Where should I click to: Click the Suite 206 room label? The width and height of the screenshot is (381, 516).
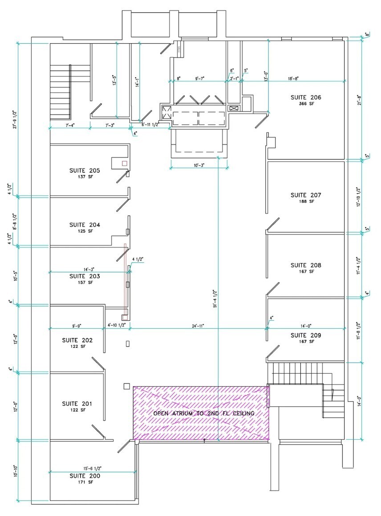[306, 97]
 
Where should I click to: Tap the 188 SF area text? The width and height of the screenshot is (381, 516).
[306, 202]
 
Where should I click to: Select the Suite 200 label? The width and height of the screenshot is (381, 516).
[85, 476]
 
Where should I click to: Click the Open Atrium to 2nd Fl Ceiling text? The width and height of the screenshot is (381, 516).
[203, 413]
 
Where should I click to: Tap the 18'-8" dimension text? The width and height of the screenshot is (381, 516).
[292, 78]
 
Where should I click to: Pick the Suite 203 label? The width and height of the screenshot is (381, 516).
[85, 276]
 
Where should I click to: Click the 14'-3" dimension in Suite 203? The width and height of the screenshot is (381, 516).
[88, 269]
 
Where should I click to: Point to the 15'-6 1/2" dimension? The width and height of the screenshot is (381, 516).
[93, 468]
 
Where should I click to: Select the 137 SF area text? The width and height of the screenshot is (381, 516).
[85, 177]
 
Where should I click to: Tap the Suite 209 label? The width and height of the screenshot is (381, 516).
[306, 335]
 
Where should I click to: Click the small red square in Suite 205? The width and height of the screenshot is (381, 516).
[125, 164]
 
